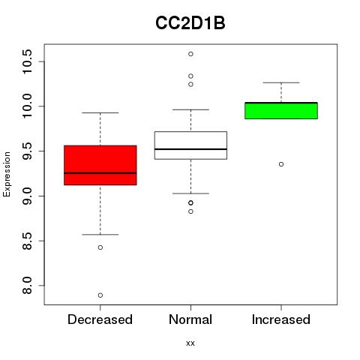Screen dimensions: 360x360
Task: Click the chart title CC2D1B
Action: click(190, 23)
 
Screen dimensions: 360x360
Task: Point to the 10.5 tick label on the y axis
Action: click(27, 61)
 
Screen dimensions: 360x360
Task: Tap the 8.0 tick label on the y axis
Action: click(27, 286)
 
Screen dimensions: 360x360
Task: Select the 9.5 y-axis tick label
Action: click(27, 151)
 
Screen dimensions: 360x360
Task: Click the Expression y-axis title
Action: click(7, 174)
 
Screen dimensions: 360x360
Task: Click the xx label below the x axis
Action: click(190, 343)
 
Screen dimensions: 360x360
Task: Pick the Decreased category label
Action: click(100, 319)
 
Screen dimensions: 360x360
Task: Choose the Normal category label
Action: click(190, 319)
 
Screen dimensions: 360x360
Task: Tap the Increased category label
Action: click(281, 319)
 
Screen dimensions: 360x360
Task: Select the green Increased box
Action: click(281, 111)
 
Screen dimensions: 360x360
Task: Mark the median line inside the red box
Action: click(100, 173)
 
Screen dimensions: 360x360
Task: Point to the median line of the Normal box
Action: click(190, 149)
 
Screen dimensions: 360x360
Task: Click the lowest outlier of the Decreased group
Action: click(100, 295)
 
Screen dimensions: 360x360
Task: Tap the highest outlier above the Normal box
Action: click(190, 54)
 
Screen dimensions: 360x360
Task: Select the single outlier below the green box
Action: click(281, 164)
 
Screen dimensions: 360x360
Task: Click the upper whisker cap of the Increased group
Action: click(281, 82)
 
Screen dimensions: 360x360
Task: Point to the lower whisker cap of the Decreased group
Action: click(100, 235)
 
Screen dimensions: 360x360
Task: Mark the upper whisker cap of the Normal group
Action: click(190, 109)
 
